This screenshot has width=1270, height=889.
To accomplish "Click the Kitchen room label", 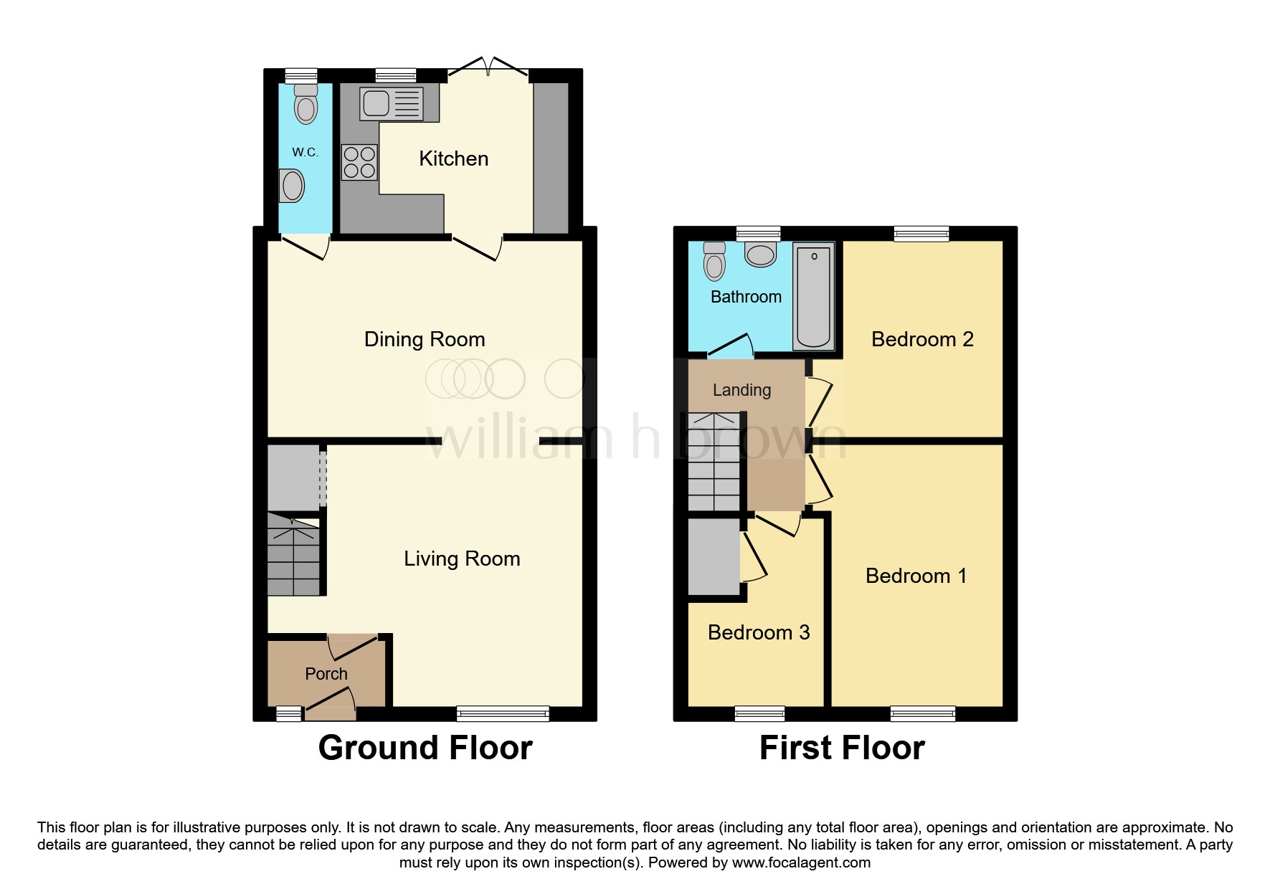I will (453, 158).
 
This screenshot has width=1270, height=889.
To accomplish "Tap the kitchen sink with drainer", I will (391, 103).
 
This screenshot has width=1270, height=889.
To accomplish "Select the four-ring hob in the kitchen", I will (359, 162).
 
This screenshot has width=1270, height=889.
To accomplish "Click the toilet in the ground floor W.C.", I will (306, 105).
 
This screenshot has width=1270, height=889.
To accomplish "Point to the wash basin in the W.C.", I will (292, 186).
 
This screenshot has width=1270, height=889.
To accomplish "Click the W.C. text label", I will (305, 152).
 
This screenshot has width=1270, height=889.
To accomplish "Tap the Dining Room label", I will (425, 339).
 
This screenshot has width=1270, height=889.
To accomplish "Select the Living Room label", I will (462, 558).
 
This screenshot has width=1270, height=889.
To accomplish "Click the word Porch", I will (326, 674).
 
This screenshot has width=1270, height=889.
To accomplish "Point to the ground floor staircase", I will (293, 556).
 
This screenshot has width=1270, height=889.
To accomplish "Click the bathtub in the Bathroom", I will (813, 296).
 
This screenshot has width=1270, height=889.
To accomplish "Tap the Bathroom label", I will (746, 297).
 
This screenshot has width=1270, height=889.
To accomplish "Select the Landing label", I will (741, 390).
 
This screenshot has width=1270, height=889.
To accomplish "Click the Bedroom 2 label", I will (922, 339).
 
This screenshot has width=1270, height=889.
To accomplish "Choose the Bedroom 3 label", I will (759, 632).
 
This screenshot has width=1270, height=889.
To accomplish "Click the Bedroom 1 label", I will (916, 576).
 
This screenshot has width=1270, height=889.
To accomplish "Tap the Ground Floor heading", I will (425, 748).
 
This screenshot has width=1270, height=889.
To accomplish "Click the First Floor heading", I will (842, 748).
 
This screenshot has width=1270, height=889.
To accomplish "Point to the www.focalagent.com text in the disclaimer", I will (801, 862).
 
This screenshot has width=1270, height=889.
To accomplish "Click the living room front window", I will (503, 713).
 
